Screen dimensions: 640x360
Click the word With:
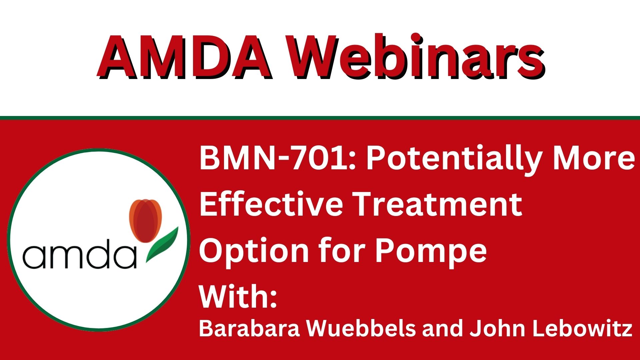238,296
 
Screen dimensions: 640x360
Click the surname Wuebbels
361,328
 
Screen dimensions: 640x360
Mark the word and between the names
443,328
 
